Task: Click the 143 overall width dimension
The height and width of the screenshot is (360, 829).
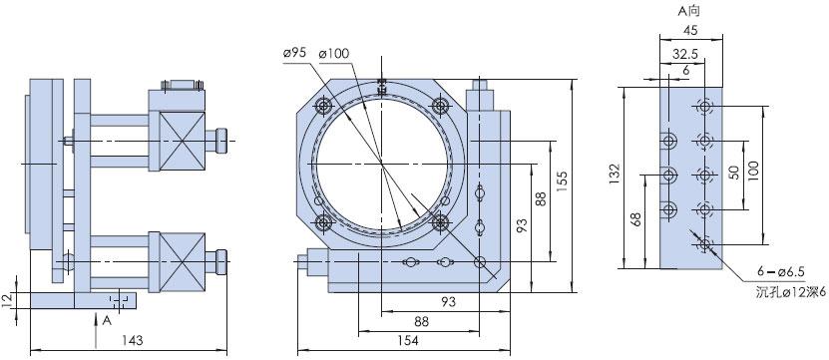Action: [x=132, y=340]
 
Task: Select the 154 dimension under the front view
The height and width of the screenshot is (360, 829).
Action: [x=409, y=341]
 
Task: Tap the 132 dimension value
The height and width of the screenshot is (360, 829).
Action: [x=614, y=174]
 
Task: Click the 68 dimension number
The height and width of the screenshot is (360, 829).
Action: [x=636, y=219]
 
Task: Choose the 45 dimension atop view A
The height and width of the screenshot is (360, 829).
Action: [x=690, y=30]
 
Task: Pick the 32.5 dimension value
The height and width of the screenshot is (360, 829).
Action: [x=685, y=54]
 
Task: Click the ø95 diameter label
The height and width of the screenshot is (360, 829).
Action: [x=295, y=54]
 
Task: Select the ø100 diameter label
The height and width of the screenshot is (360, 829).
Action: [x=334, y=54]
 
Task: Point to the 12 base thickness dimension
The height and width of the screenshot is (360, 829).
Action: [x=7, y=301]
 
